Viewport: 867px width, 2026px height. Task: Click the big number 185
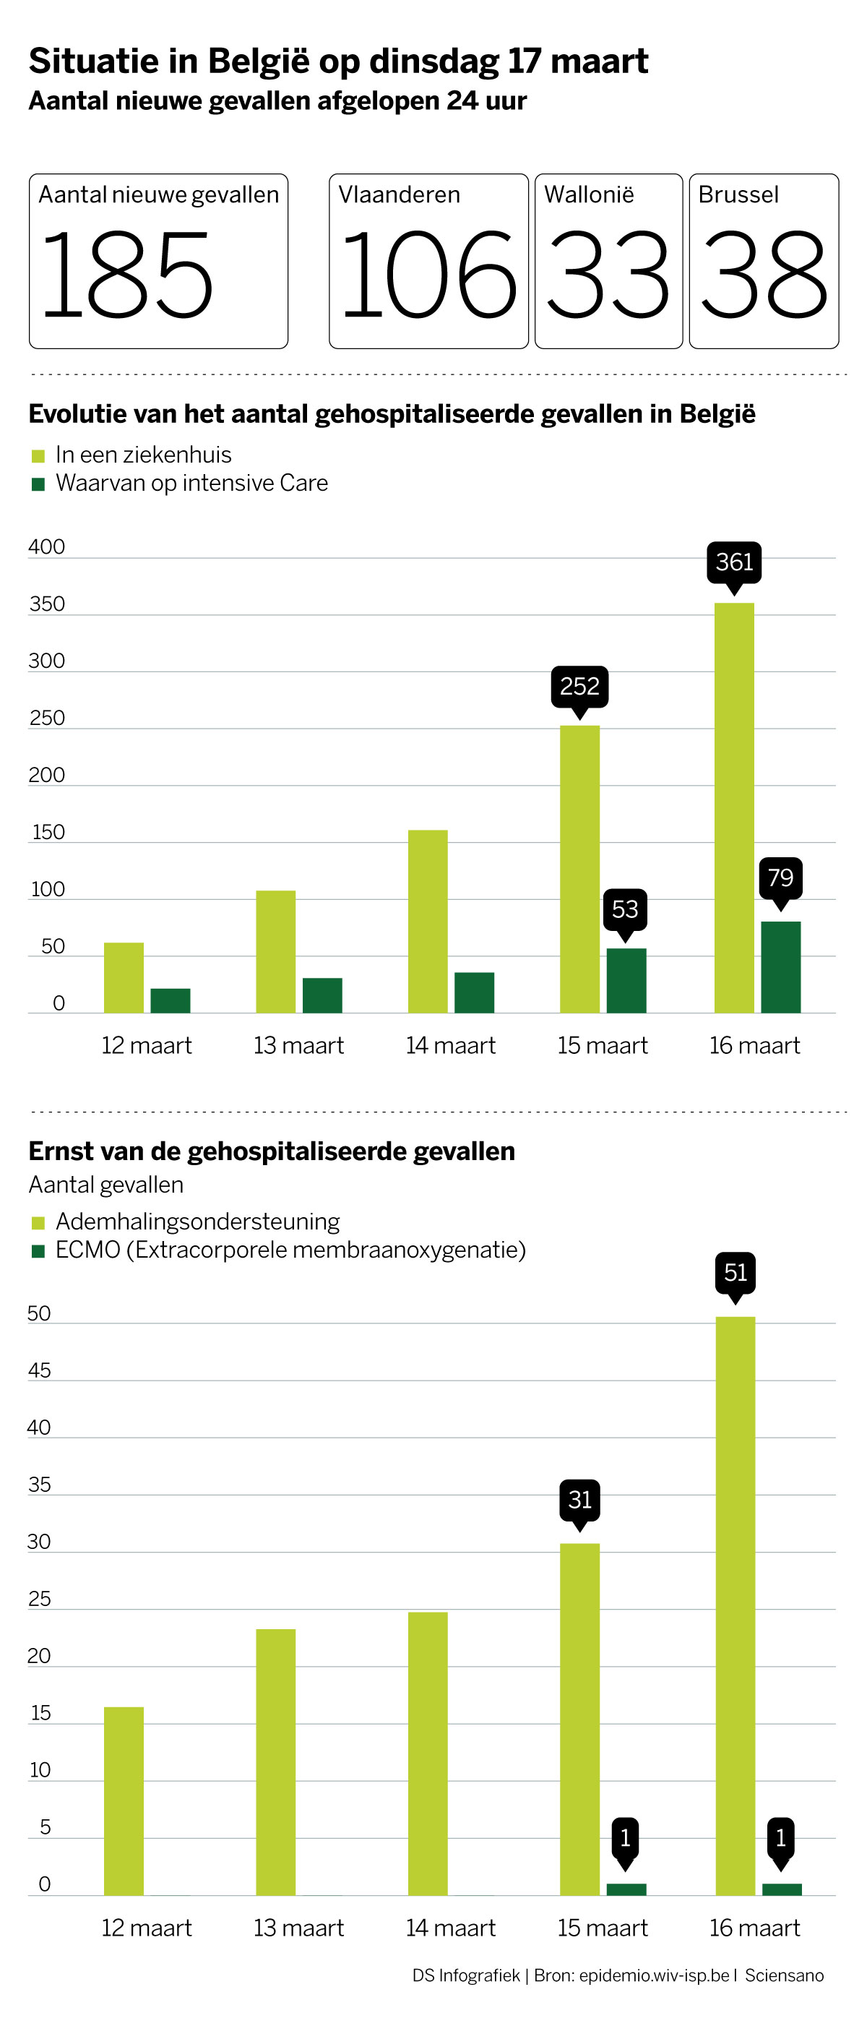(x=126, y=275)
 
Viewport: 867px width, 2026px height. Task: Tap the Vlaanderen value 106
(x=428, y=275)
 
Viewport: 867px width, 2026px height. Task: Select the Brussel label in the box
(x=738, y=194)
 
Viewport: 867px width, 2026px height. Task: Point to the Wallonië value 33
(x=608, y=275)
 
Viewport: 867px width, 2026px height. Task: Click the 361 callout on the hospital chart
(x=734, y=562)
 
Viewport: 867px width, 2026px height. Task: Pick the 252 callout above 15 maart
(x=580, y=687)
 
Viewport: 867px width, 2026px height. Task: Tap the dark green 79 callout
(x=780, y=877)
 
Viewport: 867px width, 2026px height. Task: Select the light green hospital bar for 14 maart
(x=428, y=921)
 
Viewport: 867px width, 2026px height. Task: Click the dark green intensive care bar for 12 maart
(x=171, y=1000)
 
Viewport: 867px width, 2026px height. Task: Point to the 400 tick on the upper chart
(x=46, y=546)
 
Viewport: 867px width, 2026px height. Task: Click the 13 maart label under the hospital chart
(x=298, y=1045)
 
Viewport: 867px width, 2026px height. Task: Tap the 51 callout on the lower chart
(x=736, y=1273)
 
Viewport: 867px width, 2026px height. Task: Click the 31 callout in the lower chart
(x=580, y=1500)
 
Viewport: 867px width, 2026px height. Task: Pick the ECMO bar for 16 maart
(x=782, y=1890)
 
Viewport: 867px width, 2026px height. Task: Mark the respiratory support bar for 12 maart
(x=124, y=1801)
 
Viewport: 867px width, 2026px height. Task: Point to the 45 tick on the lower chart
(x=39, y=1370)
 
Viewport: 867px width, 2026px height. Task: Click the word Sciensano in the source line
(x=785, y=1975)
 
